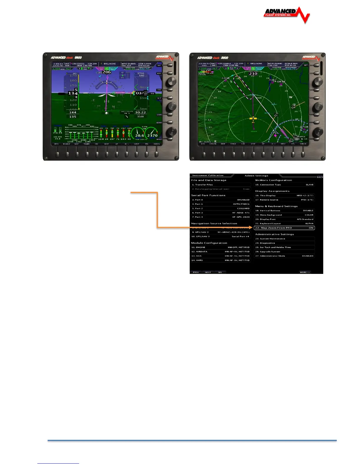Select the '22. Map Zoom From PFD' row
pos(284,228)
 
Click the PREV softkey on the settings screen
pos(196,272)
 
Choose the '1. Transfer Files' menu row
pos(221,185)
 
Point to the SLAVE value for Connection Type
pos(309,185)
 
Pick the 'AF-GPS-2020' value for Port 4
pos(241,217)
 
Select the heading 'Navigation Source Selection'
pos(214,224)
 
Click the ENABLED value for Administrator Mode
pos(308,256)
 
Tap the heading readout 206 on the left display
pos(106,72)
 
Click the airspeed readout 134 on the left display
pos(73,94)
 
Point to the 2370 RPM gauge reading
pos(152,136)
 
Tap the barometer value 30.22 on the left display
pos(140,112)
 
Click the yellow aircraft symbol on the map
pos(253,118)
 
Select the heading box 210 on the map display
pos(253,74)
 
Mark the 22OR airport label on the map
pos(225,78)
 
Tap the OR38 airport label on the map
pos(281,82)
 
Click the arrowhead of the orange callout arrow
pos(251,227)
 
